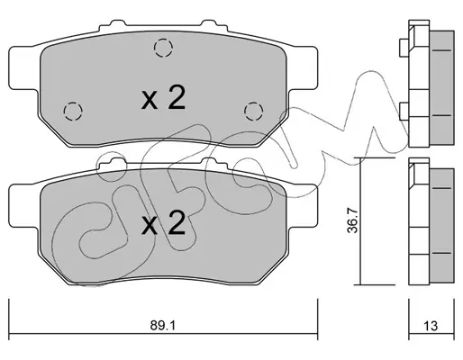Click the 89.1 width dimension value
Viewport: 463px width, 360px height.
(x=162, y=325)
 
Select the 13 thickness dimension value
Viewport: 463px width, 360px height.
(x=431, y=326)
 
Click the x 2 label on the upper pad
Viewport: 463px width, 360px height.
(x=164, y=98)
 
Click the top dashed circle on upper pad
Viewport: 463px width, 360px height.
(x=163, y=48)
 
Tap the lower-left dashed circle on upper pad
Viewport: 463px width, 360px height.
(x=73, y=112)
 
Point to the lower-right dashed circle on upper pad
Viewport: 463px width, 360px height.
(x=254, y=112)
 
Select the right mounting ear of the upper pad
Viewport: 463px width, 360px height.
(x=303, y=67)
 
